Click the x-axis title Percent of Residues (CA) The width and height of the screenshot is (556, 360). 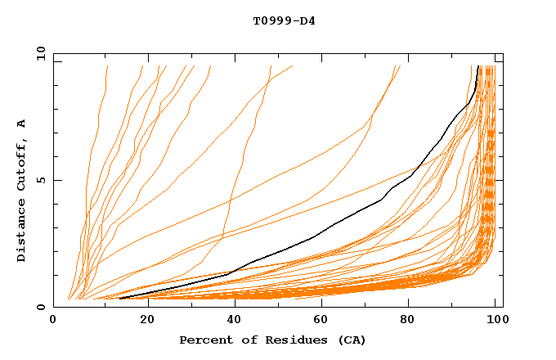pos(272,340)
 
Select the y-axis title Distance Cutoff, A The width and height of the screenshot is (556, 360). pos(21,191)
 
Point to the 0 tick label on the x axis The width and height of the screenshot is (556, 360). pos(53,320)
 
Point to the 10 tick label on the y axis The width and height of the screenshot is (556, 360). pos(40,53)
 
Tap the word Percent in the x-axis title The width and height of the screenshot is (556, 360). pos(206,340)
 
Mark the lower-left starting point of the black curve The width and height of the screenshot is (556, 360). pos(119,298)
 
